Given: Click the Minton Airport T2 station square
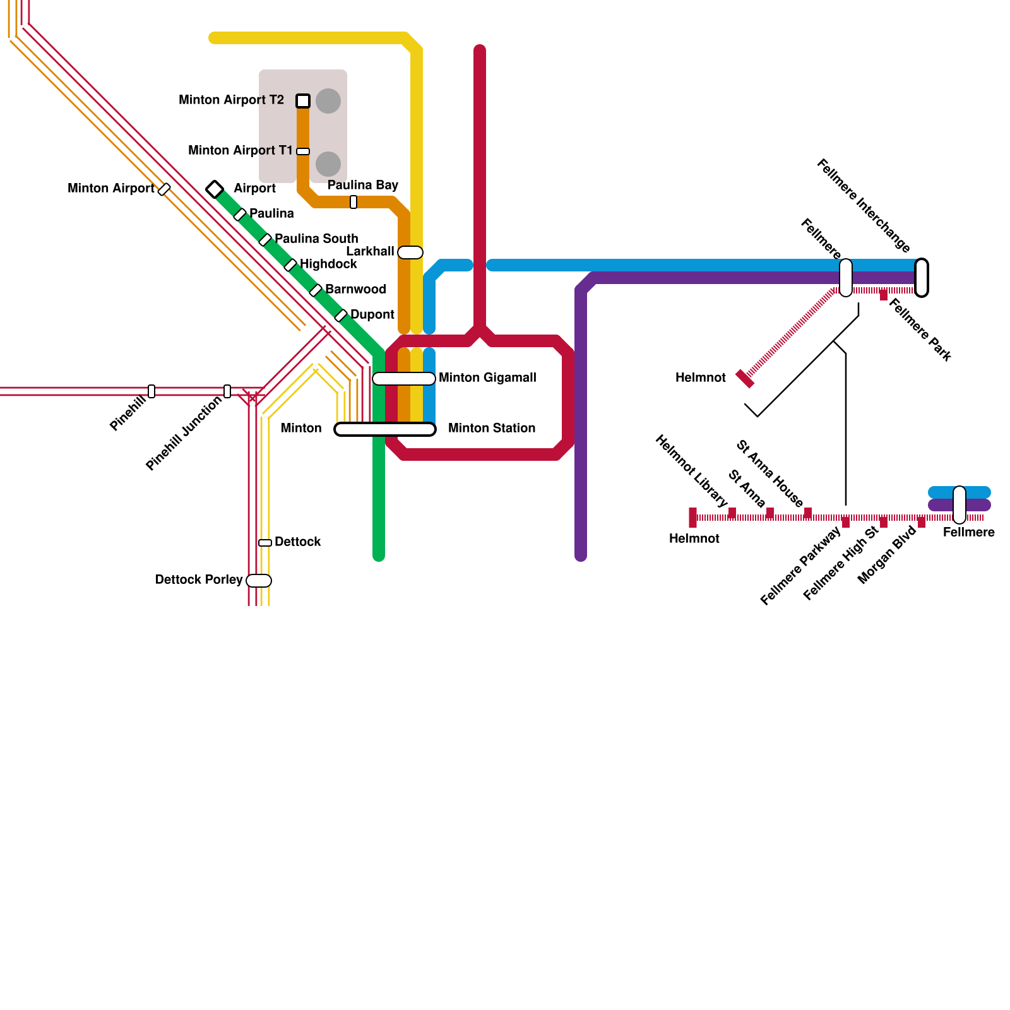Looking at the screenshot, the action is click(303, 101).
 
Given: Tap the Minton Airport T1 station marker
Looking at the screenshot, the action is click(303, 151).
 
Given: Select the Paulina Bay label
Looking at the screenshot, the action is click(362, 185).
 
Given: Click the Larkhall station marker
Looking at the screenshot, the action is click(410, 252).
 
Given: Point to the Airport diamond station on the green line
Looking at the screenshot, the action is click(215, 189).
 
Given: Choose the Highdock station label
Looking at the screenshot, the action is click(328, 264).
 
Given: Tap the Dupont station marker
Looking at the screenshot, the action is click(341, 316).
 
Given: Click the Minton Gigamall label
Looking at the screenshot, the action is click(487, 377).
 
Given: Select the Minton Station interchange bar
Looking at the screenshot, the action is click(385, 429).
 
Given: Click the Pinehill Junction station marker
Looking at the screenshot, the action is click(227, 391).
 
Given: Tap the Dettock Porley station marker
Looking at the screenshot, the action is click(259, 581).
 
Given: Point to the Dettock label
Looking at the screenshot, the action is click(298, 542).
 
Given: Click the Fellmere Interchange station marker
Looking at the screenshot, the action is click(922, 278).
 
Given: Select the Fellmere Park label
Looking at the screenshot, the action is click(920, 330).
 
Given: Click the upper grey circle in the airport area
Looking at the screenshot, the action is click(328, 101).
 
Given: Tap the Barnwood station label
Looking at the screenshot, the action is click(355, 289).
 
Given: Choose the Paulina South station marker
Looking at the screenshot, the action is click(265, 240).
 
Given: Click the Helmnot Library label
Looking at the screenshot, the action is click(691, 471).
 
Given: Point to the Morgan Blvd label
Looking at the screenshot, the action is click(887, 555).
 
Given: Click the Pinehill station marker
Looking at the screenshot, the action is click(151, 391).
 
